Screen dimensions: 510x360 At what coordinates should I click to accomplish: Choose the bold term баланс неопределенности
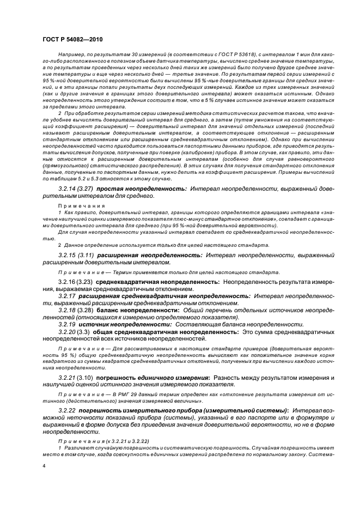pos(137,309)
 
